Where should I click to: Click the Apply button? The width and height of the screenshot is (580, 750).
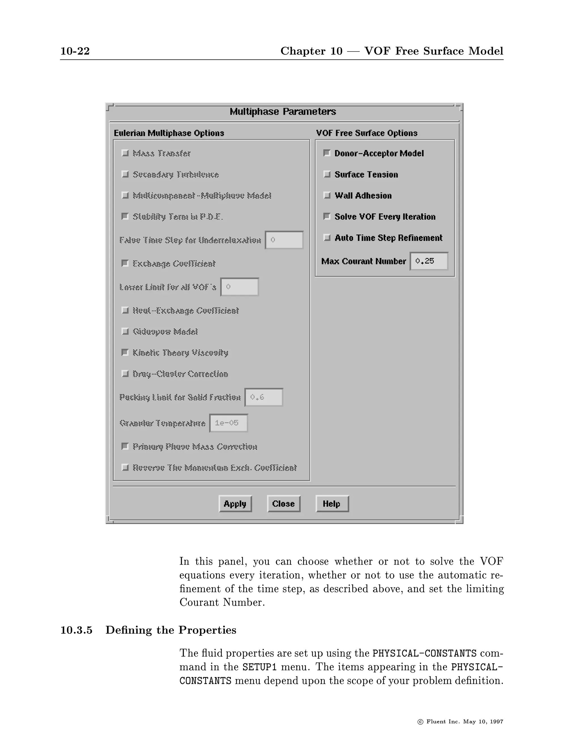235,504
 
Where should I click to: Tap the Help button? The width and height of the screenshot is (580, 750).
332,504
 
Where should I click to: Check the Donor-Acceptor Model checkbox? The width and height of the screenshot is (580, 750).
327,153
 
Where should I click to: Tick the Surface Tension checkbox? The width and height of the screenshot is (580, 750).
327,174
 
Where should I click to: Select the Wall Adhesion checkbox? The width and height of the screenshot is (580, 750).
327,195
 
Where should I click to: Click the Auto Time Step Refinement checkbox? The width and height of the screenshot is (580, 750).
327,238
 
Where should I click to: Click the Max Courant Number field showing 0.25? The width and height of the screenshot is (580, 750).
429,261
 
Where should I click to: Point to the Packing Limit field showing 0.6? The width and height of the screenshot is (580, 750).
264,397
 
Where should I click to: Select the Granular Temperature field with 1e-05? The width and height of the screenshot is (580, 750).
229,423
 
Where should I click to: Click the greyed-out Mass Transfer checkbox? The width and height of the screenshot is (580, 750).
125,153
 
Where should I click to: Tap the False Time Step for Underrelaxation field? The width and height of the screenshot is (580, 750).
284,240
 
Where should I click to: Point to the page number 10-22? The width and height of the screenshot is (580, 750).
75,51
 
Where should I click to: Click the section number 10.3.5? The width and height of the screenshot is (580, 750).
76,630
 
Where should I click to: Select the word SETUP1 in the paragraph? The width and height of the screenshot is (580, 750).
259,667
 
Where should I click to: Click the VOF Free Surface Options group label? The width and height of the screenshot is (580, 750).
366,133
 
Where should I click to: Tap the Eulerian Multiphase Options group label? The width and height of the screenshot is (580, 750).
169,133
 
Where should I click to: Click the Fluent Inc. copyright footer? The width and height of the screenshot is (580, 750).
460,721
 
